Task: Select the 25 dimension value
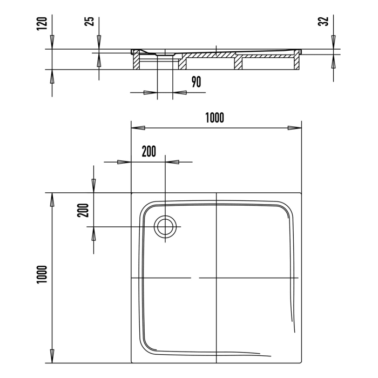pyautogui.click(x=90, y=21)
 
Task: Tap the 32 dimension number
pyautogui.click(x=323, y=22)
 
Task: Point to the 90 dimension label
pyautogui.click(x=196, y=82)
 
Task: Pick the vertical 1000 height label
pyautogui.click(x=42, y=276)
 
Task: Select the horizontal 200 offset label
pyautogui.click(x=148, y=152)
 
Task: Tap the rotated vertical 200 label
pyautogui.click(x=83, y=209)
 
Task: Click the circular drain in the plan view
pyautogui.click(x=165, y=226)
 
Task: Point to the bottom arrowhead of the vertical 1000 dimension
pyautogui.click(x=52, y=356)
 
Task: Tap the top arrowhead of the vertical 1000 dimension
pyautogui.click(x=52, y=199)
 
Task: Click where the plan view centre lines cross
pyautogui.click(x=216, y=278)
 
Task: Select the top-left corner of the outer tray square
pyautogui.click(x=132, y=192)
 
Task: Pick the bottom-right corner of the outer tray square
pyautogui.click(x=301, y=363)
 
